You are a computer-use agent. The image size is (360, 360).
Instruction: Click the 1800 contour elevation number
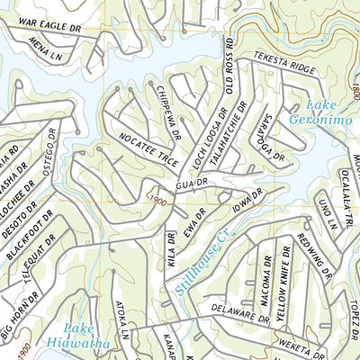click(x=354, y=91)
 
